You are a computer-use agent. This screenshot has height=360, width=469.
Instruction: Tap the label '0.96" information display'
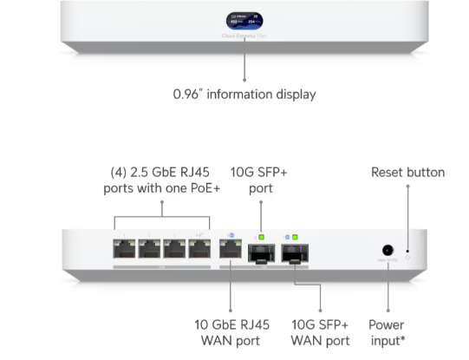(245, 94)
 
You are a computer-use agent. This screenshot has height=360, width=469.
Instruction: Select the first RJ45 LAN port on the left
(125, 251)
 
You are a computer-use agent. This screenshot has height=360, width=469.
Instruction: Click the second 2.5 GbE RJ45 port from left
(150, 251)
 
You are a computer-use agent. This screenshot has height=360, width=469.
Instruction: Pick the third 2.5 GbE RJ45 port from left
(175, 251)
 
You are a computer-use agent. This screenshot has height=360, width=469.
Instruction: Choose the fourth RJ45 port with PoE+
(200, 251)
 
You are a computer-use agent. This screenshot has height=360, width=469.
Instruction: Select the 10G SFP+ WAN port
(294, 252)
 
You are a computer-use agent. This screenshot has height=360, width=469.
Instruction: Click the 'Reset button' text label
(407, 173)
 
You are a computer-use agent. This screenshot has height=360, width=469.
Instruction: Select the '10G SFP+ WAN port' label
(320, 333)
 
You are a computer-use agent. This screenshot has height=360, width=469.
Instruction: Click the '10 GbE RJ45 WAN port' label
(231, 333)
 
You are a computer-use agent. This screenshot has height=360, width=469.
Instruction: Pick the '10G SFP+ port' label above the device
(258, 180)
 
